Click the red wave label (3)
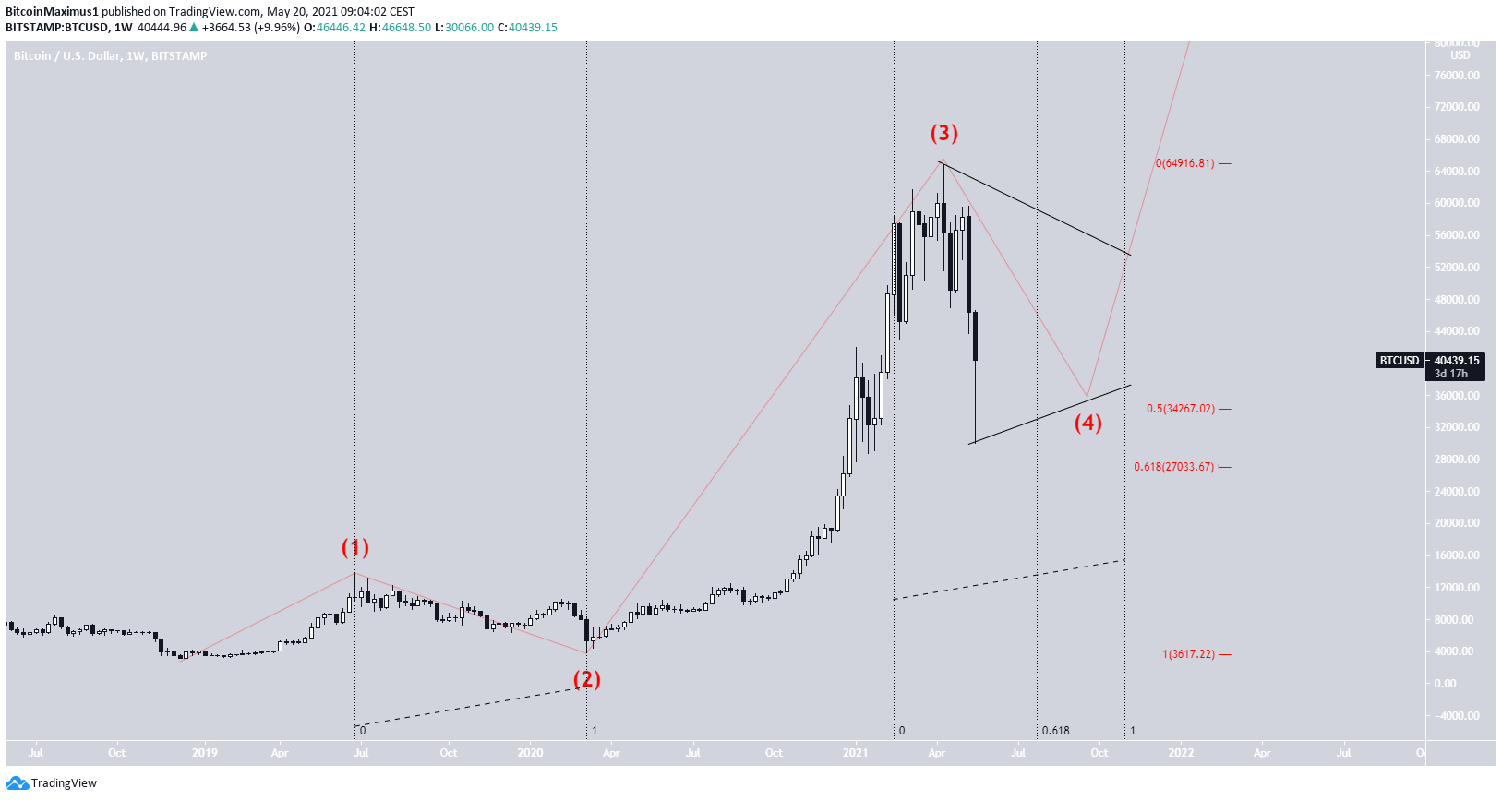[943, 133]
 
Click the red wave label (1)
[355, 547]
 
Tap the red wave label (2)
[587, 679]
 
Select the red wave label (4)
[1087, 423]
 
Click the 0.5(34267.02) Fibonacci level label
[1181, 409]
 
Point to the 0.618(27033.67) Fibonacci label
[1174, 467]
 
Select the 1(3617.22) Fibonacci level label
[1188, 654]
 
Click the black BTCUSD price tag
[1399, 361]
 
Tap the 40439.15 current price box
[1457, 361]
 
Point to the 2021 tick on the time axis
[856, 753]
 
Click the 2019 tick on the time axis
[205, 753]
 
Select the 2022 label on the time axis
[1181, 753]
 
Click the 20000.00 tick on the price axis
[1456, 523]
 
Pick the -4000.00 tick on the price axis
[1456, 716]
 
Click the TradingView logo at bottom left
[51, 783]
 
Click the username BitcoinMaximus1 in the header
[52, 12]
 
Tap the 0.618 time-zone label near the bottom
[1055, 731]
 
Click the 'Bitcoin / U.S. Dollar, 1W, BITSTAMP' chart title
[111, 56]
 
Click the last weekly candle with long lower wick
[975, 369]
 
